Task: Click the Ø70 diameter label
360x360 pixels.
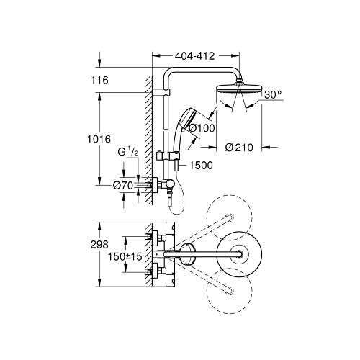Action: [x=124, y=186]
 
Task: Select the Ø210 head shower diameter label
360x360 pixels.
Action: [x=238, y=149]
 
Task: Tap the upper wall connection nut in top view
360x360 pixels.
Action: [x=153, y=236]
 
